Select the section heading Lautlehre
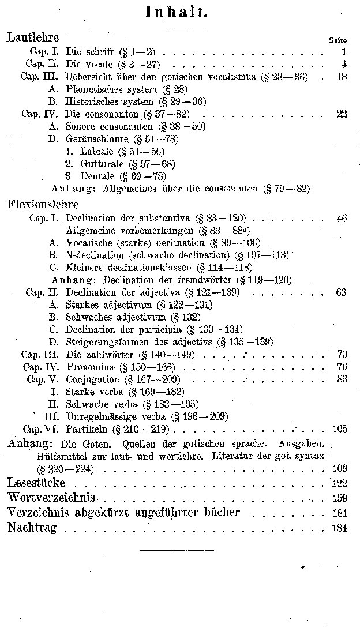click(33, 38)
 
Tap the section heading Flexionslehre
click(43, 204)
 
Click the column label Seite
click(337, 40)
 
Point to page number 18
click(341, 76)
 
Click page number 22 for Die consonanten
click(341, 114)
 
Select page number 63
click(341, 292)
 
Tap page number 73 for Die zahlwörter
click(341, 354)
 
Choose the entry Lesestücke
click(36, 482)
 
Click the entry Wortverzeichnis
click(51, 497)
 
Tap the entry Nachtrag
click(34, 527)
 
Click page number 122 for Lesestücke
click(339, 483)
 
